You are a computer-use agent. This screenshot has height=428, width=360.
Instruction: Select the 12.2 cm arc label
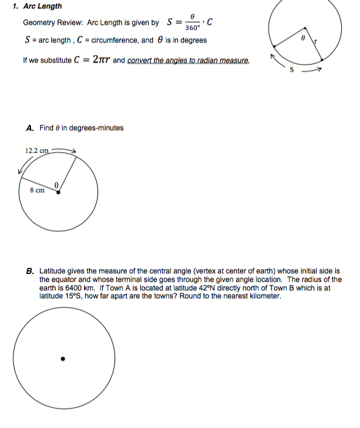coord(37,150)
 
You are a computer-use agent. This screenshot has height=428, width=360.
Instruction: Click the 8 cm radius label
coord(37,190)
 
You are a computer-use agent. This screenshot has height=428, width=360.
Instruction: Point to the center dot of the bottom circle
coord(62,359)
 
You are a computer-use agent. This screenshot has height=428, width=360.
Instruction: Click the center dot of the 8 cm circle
coord(58,192)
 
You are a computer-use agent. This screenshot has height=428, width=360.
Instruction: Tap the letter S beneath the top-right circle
coord(292,69)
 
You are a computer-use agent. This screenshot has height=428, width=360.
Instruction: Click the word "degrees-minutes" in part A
coord(97,128)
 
